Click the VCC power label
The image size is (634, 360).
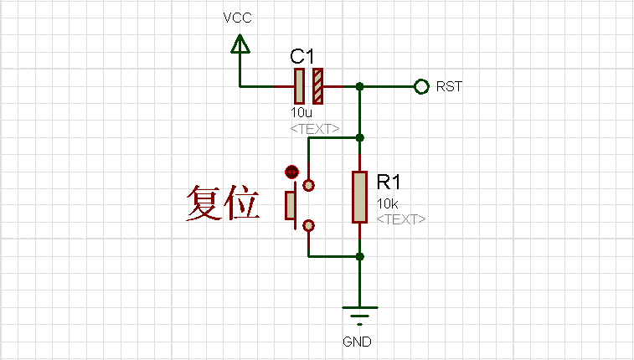[x=237, y=18]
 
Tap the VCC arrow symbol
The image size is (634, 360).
[x=240, y=44]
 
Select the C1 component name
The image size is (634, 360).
[x=302, y=57]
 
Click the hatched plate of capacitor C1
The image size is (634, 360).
[x=317, y=85]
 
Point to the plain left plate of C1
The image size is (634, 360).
[x=299, y=85]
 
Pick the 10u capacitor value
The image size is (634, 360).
[x=302, y=112]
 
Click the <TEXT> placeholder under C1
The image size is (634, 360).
[x=315, y=129]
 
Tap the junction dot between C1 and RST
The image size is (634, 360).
[x=359, y=86]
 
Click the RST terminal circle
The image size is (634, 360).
[x=421, y=86]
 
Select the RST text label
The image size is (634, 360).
[x=450, y=86]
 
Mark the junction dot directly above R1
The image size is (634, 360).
[x=359, y=137]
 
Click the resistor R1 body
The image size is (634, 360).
[x=359, y=197]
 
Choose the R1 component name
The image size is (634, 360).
[x=390, y=183]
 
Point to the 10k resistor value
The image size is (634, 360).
[x=387, y=203]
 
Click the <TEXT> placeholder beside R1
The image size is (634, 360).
[x=401, y=219]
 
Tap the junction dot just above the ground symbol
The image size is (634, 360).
[x=359, y=256]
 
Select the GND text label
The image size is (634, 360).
[x=357, y=342]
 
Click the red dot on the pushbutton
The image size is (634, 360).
[x=291, y=172]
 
